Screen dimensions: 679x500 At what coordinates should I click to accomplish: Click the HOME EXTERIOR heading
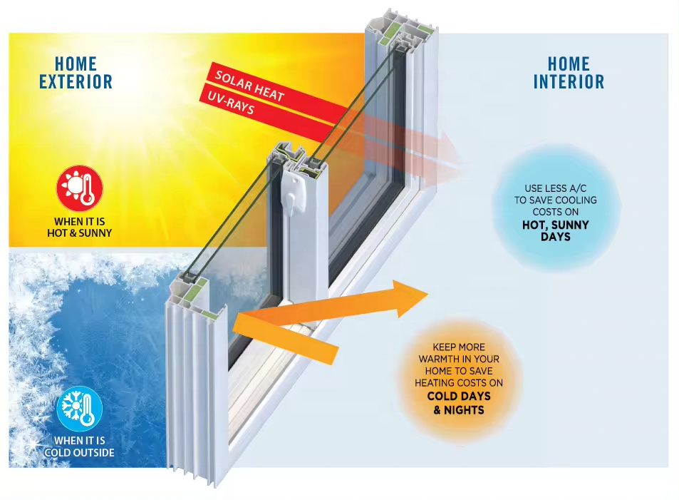pos(76,73)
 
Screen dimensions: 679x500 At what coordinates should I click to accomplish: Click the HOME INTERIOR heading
pos(569,73)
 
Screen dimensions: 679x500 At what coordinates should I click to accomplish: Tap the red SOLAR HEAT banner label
pos(249,86)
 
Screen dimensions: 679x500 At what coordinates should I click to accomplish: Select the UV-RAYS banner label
pos(231,102)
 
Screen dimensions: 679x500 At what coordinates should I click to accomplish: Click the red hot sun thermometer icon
pos(80,188)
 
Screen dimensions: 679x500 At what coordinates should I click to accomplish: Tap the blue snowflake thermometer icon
pos(80,409)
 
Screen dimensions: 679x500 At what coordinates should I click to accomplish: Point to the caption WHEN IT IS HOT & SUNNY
pos(80,228)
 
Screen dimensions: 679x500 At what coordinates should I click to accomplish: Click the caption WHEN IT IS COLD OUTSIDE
pos(80,447)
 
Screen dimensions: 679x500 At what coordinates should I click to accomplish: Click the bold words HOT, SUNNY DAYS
pos(556,230)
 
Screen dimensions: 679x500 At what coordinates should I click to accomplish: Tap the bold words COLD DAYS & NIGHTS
pos(459,403)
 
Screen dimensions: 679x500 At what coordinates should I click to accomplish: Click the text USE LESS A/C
pos(556,188)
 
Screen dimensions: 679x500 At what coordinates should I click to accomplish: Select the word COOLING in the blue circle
pos(576,200)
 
